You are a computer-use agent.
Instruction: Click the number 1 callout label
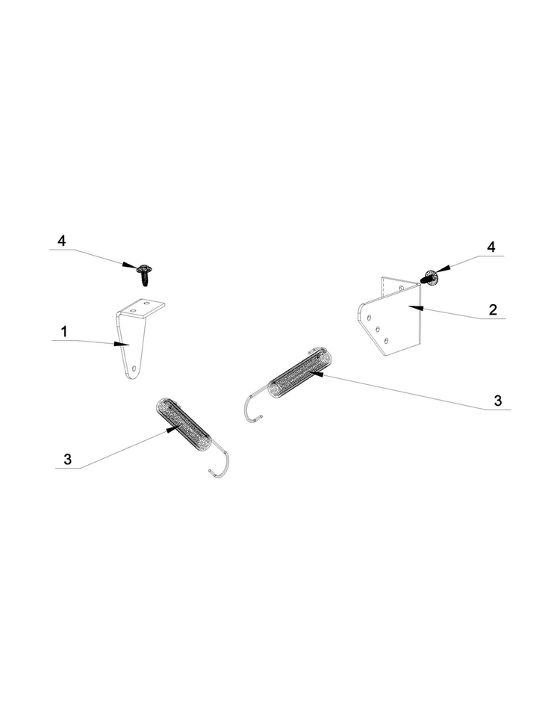(64, 331)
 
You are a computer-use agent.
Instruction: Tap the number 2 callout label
(493, 309)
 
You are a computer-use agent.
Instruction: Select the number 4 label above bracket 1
(61, 241)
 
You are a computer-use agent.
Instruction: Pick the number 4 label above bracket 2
(491, 247)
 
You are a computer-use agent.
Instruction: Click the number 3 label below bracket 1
(67, 459)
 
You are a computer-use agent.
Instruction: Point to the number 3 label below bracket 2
(497, 401)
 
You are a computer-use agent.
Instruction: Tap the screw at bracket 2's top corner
(429, 279)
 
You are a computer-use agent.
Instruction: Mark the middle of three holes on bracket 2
(378, 329)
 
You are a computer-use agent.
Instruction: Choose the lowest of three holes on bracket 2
(386, 341)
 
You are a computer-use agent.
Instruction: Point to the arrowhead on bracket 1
(122, 345)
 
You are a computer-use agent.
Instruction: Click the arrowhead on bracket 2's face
(415, 306)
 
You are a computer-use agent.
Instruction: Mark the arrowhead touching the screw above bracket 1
(130, 265)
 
